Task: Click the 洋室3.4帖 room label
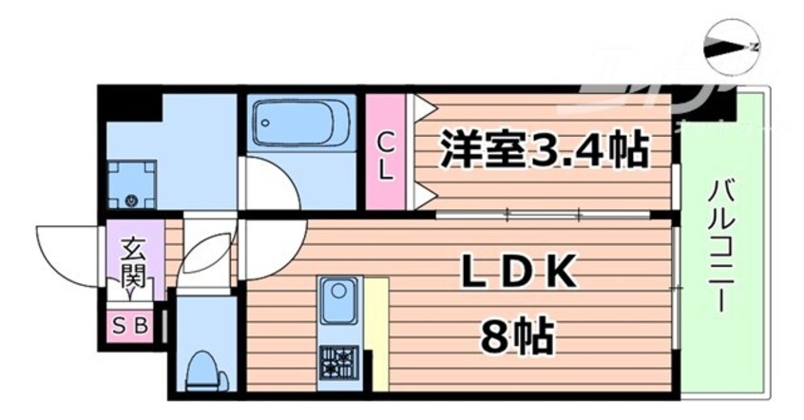pyautogui.click(x=544, y=150)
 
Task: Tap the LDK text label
pyautogui.click(x=518, y=274)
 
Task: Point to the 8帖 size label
pyautogui.click(x=518, y=334)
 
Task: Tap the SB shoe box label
pyautogui.click(x=131, y=326)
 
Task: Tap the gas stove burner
pyautogui.click(x=335, y=361)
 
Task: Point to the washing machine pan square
pyautogui.click(x=130, y=183)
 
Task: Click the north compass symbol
pyautogui.click(x=733, y=46)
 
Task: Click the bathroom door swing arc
pyautogui.click(x=270, y=185)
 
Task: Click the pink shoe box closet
pyautogui.click(x=131, y=326)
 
